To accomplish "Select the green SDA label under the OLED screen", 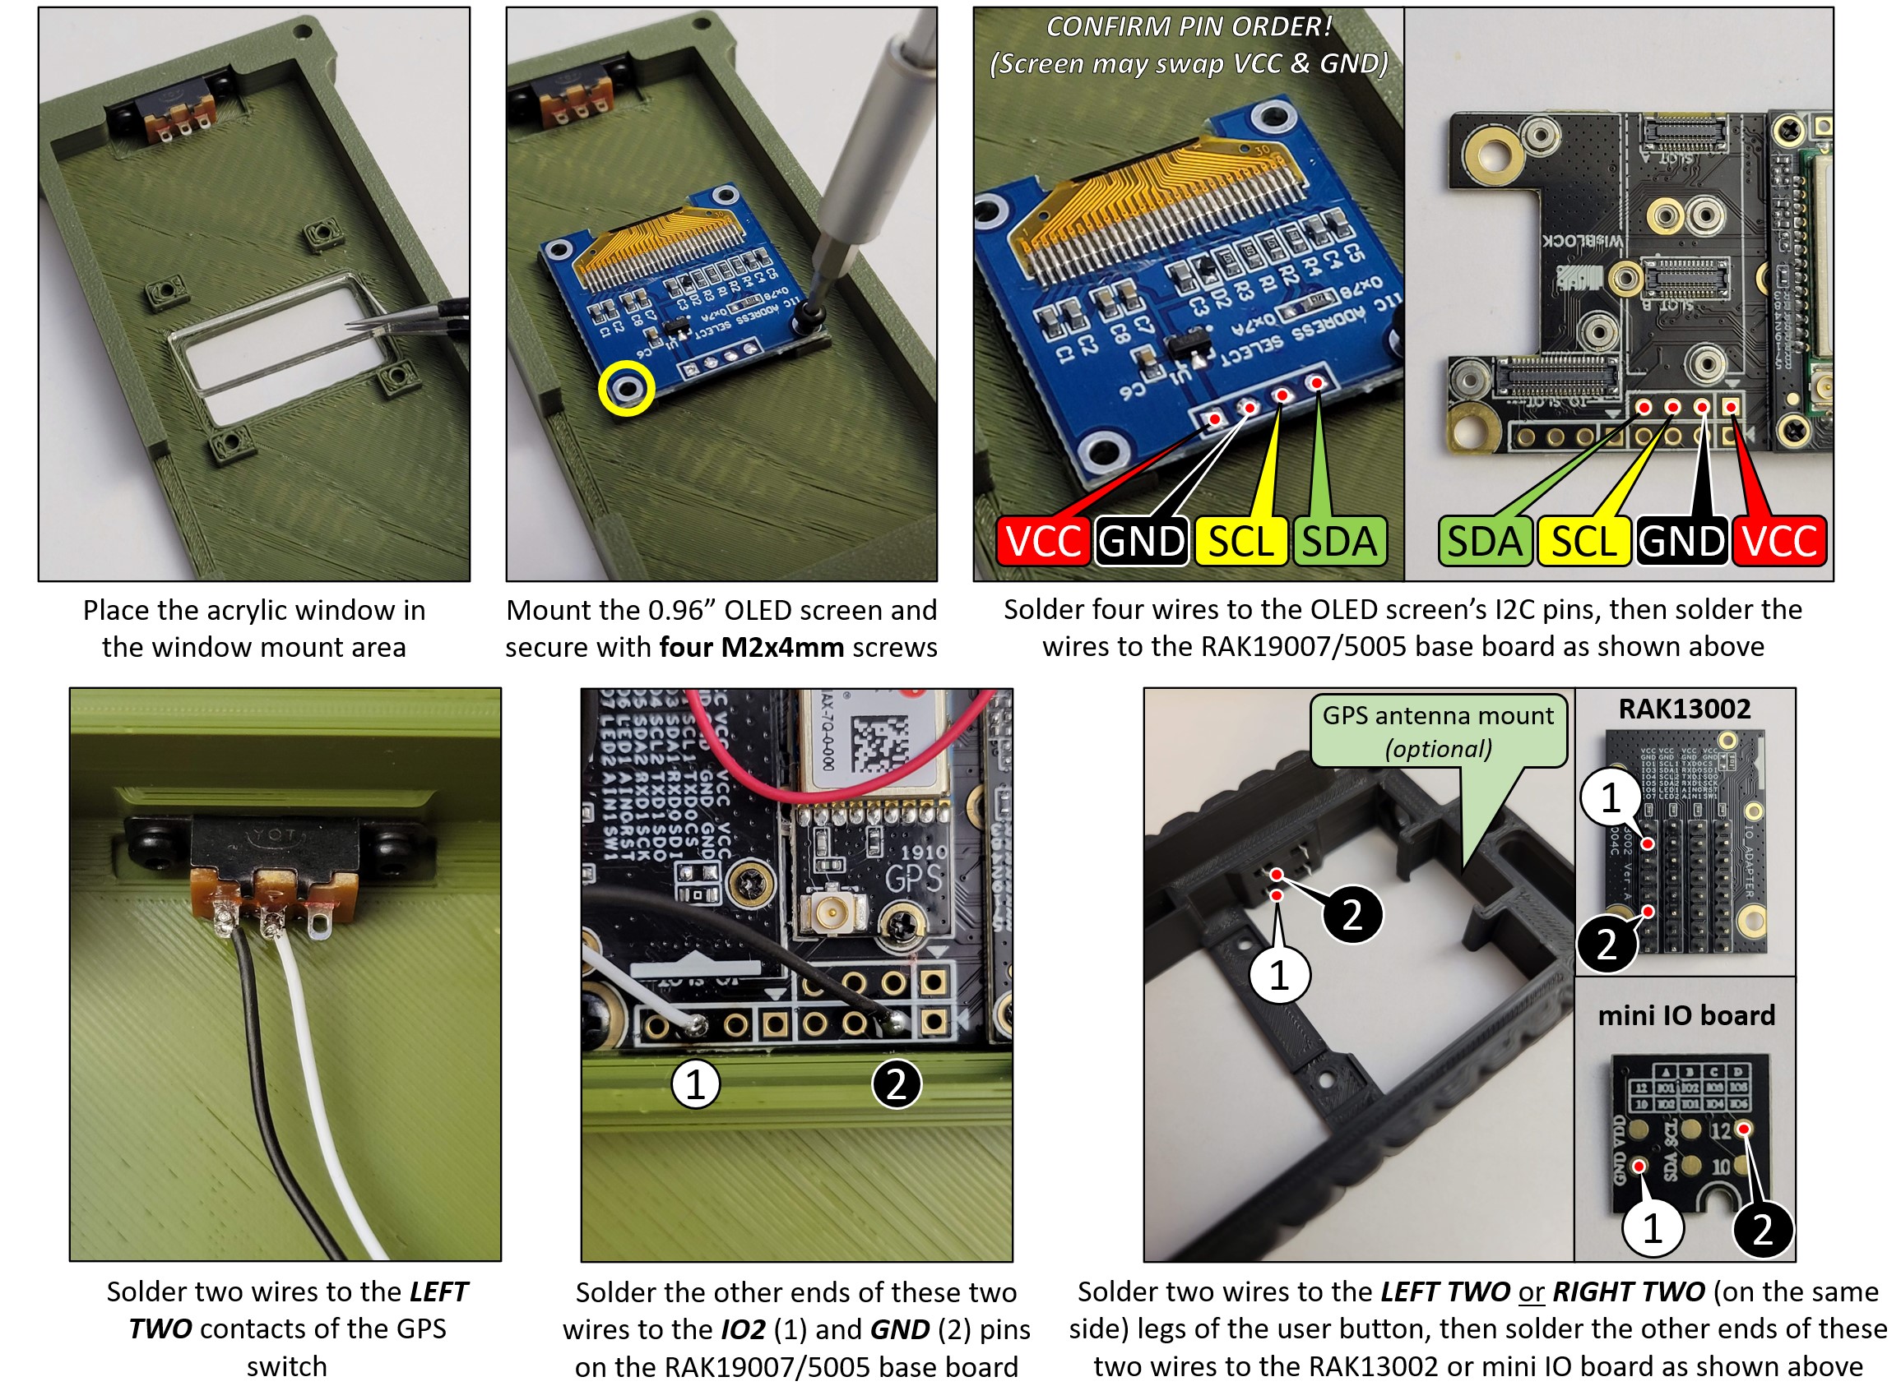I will point(1339,542).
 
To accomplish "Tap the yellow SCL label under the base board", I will point(1582,542).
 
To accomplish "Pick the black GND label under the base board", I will point(1681,542).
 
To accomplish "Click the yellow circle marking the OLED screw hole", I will point(627,389).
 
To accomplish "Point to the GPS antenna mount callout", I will point(1438,732).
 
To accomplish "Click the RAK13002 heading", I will point(1684,709).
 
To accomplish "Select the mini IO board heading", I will point(1685,1014).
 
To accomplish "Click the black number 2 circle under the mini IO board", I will point(1763,1229).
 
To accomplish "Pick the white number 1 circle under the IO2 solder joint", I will point(695,1083).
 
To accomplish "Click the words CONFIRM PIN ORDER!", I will point(1189,27).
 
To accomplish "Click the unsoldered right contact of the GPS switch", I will point(319,931).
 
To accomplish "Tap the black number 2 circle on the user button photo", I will point(1352,915).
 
